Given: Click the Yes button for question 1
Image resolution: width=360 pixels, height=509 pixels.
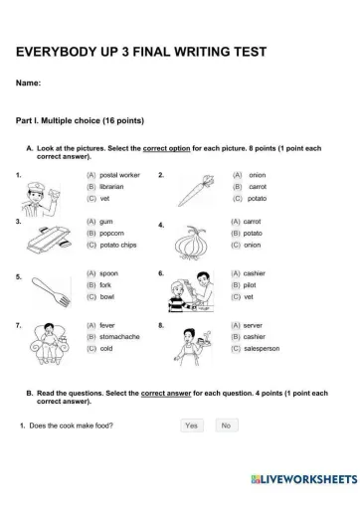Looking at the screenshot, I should pos(192,425).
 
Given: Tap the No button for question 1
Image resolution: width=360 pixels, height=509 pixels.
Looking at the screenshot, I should pos(226,425).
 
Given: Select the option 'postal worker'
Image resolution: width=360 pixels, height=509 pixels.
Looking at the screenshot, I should pos(90,175).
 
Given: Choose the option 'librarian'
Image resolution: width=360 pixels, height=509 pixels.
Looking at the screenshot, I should pos(90,187).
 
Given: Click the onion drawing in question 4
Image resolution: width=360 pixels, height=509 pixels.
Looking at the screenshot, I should pos(190,242).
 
